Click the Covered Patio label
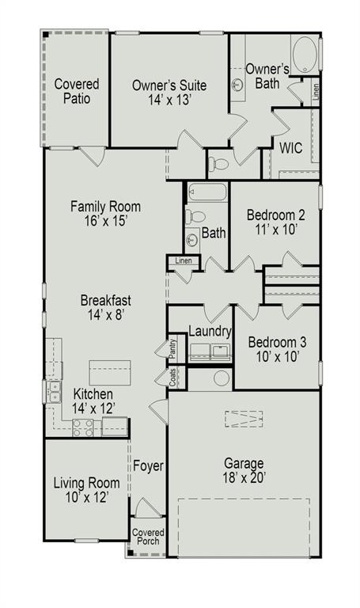point(77,91)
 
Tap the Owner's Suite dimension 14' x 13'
point(169,101)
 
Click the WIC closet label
point(291,148)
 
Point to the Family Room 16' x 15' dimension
point(100,222)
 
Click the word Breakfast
point(105,300)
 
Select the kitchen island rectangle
point(109,371)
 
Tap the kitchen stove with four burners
point(84,428)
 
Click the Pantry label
point(172,348)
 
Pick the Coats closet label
point(172,377)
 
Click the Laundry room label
point(210,332)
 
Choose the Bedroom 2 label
point(275,215)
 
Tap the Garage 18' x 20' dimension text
point(244,477)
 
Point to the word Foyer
point(148,465)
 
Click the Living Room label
point(86,483)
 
